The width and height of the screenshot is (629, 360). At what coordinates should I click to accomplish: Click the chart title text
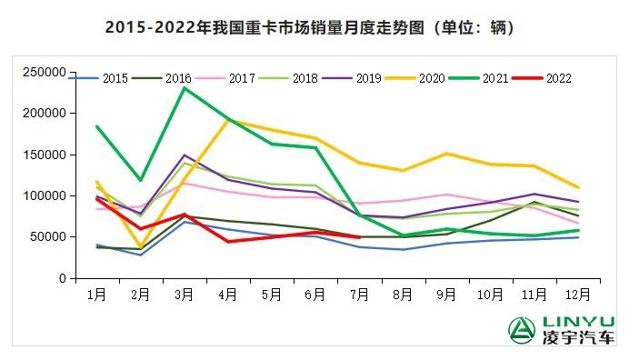pos(311,27)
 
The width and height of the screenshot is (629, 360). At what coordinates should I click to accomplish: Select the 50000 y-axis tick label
pos(46,237)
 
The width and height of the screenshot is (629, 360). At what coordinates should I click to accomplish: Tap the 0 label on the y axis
pos(60,278)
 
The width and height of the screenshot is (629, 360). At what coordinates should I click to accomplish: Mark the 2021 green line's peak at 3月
pos(185,88)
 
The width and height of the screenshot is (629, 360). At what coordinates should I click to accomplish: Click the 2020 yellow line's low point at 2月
pos(140,246)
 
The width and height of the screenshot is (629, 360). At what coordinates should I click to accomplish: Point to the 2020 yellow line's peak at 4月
pos(228,120)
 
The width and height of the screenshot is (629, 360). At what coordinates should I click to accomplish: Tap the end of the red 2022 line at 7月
pos(359,237)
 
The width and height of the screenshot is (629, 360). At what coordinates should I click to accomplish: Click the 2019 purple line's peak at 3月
pos(185,155)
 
